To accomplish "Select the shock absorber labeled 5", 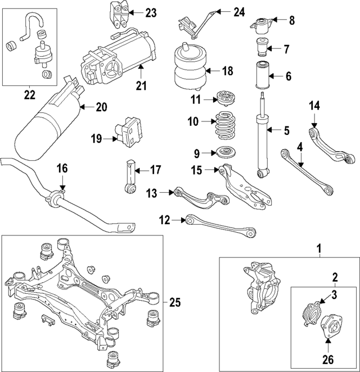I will click(263, 135).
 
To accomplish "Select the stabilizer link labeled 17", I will click(130, 178).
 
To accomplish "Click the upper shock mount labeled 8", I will click(262, 25).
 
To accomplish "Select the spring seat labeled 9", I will click(224, 152).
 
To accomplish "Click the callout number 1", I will click(319, 248).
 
